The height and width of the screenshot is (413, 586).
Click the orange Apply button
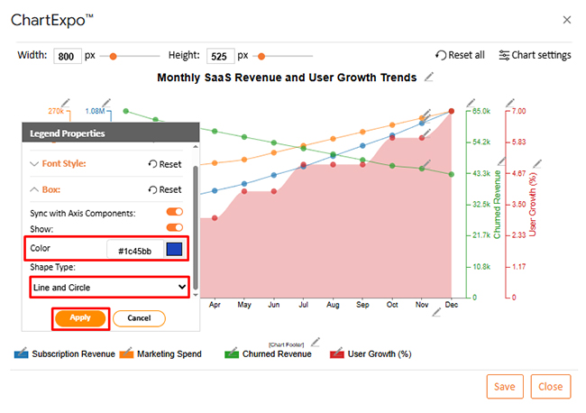80,318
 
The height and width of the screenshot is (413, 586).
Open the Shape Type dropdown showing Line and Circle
106,288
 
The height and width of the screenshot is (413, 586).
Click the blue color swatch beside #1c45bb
174,249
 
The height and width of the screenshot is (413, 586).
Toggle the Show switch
174,228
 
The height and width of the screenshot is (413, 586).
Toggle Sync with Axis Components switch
174,213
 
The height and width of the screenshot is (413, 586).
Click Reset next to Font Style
165,164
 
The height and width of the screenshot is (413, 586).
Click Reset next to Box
165,189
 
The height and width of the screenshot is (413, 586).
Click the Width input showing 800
68,55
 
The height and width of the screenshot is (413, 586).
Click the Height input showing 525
220,55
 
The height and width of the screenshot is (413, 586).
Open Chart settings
535,55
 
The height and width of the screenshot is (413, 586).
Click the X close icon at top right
566,19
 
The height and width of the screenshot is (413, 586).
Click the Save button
505,387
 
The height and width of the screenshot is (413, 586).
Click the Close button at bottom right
550,387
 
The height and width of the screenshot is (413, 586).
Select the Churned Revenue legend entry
275,353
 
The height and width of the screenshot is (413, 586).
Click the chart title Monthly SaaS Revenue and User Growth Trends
287,78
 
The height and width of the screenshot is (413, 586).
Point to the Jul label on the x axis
303,306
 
